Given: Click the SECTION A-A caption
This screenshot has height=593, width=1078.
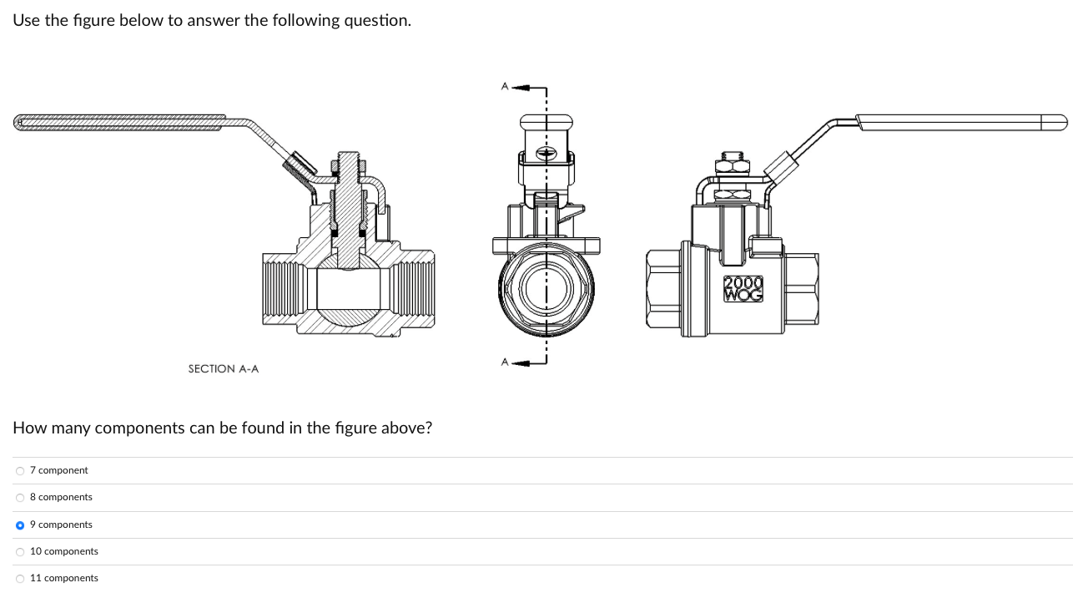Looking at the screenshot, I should click(223, 368).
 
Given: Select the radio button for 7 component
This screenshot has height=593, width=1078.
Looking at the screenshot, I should click(20, 470).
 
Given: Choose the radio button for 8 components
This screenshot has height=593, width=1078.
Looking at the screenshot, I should click(20, 497).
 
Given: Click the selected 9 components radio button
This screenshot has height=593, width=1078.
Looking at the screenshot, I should click(20, 525).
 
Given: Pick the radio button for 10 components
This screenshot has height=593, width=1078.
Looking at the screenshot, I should click(20, 551).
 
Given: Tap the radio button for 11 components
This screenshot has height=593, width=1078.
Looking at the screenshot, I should click(20, 578).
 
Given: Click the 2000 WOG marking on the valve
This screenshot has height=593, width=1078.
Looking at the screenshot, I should click(743, 288).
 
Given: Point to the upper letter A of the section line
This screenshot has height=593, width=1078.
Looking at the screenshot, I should click(504, 85).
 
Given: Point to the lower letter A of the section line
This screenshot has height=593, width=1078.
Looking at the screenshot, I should click(504, 362).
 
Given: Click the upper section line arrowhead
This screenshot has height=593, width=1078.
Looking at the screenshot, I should click(520, 87).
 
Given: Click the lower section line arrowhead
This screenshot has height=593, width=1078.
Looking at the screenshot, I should click(520, 362).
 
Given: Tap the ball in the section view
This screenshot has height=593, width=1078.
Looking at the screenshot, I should click(348, 291).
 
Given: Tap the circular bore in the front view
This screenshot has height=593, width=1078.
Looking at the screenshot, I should click(547, 289).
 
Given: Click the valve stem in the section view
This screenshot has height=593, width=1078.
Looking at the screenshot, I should click(348, 209).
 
